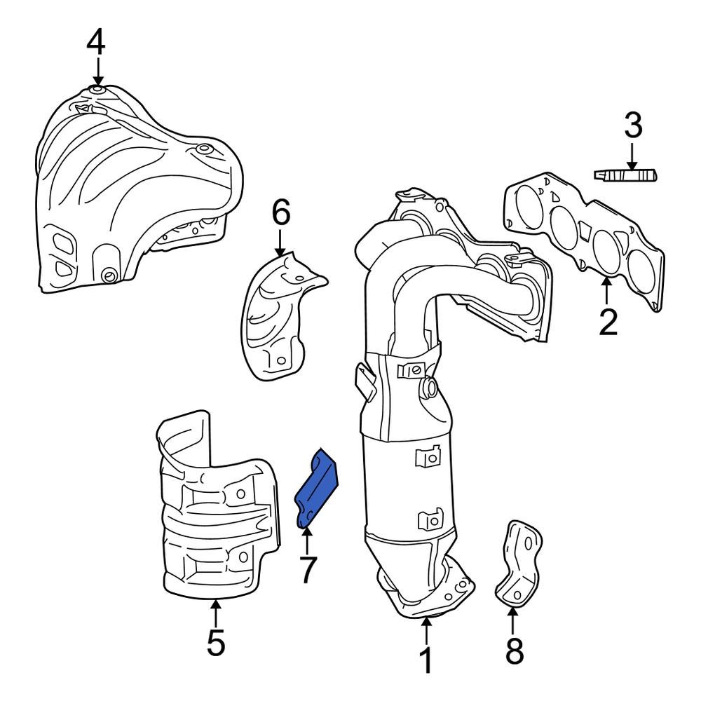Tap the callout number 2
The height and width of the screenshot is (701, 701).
[608, 321]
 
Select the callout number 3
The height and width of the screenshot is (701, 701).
[632, 126]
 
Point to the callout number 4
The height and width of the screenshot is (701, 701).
[96, 43]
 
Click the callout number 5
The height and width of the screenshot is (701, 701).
[216, 642]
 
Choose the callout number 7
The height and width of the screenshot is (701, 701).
[308, 570]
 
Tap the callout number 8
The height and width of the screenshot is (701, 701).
[514, 652]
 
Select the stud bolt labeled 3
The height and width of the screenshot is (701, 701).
[625, 175]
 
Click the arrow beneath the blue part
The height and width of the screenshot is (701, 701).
[306, 540]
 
